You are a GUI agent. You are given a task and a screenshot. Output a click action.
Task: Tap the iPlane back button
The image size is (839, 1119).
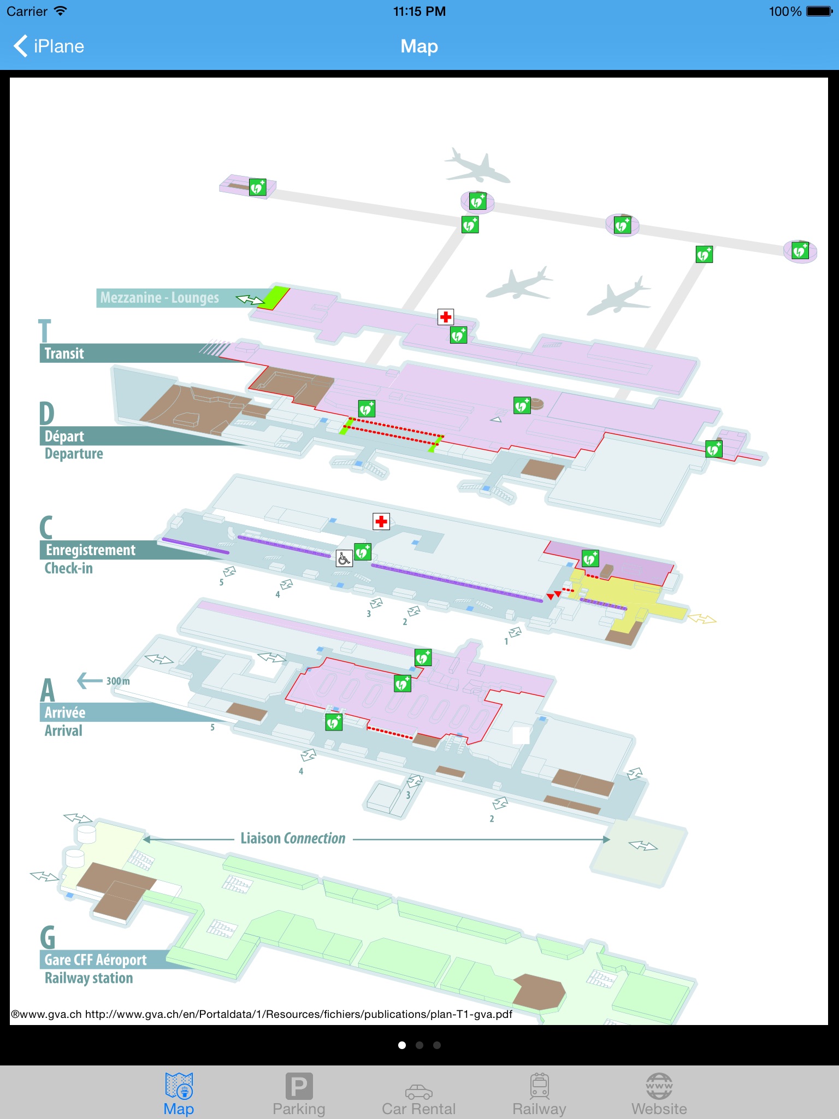(49, 46)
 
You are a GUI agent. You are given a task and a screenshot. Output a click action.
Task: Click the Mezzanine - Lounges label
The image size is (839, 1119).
(159, 298)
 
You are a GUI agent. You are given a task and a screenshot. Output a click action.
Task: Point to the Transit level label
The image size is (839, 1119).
(64, 354)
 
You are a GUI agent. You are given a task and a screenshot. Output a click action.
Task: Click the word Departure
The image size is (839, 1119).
(74, 454)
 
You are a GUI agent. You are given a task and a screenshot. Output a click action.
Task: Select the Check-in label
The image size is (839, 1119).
(69, 568)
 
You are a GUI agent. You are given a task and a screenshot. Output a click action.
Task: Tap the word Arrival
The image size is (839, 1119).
(63, 731)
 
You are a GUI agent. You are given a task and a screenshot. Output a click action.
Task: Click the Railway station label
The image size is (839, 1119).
(88, 978)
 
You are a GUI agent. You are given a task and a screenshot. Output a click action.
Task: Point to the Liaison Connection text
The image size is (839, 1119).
(293, 839)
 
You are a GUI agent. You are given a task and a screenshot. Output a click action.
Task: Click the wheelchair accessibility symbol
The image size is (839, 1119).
(344, 558)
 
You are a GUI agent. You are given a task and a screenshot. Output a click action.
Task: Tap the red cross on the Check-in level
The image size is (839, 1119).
(381, 522)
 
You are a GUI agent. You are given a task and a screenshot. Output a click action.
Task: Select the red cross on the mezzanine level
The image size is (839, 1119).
(446, 317)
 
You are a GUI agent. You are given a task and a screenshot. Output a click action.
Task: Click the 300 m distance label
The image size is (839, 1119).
(118, 681)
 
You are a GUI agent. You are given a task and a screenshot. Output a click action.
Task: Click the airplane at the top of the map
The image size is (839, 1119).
(476, 166)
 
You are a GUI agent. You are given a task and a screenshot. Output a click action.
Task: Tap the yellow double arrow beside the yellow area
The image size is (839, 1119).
(702, 619)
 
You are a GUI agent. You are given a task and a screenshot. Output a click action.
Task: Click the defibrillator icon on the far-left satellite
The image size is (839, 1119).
(257, 187)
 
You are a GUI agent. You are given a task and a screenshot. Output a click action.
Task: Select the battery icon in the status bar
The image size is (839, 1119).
(819, 11)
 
